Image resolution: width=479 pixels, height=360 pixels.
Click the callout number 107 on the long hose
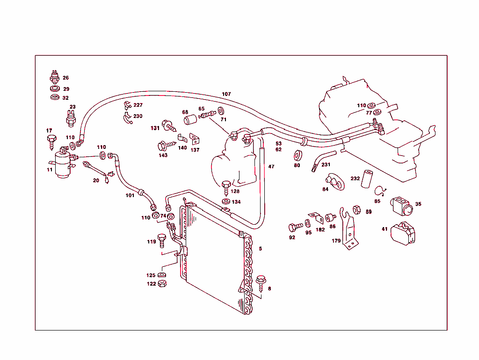pos(226,94)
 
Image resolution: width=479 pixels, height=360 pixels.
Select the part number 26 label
pos(65,78)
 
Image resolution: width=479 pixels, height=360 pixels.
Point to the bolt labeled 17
pos(51,140)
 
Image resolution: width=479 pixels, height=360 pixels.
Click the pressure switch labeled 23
pos(71,120)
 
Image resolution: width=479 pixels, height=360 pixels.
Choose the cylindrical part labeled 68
pos(190,120)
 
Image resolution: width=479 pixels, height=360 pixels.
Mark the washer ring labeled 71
pos(221,111)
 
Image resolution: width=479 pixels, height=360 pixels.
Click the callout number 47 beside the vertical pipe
pos(271,167)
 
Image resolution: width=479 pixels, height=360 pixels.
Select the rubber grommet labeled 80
pos(297,155)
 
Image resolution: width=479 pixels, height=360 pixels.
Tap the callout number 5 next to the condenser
pos(261,249)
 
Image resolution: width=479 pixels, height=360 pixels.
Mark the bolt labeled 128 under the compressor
pos(226,187)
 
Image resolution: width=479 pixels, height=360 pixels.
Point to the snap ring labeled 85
pos(380,190)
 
